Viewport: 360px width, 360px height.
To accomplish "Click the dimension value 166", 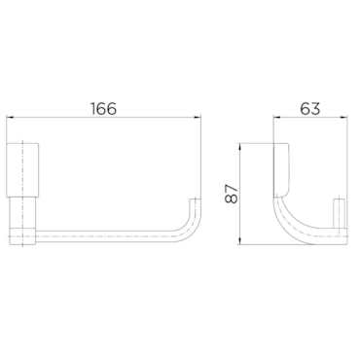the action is click(x=103, y=109).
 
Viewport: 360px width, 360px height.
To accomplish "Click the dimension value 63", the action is click(x=310, y=109).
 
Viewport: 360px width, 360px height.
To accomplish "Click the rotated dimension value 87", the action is click(x=232, y=194).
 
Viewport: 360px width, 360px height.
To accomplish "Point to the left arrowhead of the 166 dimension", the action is click(x=10, y=118).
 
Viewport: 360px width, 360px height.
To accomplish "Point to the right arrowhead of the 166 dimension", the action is click(x=198, y=118).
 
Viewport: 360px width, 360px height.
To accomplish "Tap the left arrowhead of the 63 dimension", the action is click(x=277, y=118).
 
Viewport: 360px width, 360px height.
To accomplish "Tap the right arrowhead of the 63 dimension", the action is click(x=344, y=118).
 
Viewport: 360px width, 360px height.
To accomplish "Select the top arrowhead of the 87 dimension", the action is click(x=240, y=146).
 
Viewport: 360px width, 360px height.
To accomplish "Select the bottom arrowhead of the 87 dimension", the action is click(x=240, y=241).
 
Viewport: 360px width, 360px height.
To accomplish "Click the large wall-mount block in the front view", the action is click(x=23, y=169).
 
